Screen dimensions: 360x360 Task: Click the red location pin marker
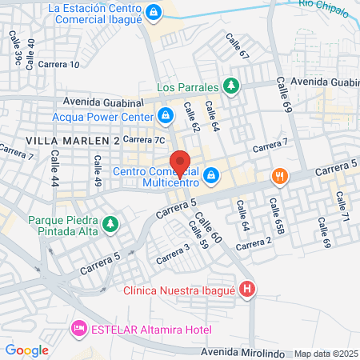(181, 163)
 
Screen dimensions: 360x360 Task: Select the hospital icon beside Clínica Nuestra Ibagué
(248, 290)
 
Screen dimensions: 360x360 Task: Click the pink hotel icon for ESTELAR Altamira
(78, 328)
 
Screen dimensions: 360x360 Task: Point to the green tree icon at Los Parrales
(231, 86)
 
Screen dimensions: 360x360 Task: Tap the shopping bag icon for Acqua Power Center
(165, 116)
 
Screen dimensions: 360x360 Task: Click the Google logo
(26, 350)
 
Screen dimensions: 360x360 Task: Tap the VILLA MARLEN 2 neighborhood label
(72, 140)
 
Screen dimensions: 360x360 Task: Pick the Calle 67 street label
(238, 46)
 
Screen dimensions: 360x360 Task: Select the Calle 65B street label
(277, 217)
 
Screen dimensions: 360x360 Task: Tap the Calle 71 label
(344, 207)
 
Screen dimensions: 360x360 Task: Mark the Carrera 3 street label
(174, 254)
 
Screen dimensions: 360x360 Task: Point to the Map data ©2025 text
(326, 353)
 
